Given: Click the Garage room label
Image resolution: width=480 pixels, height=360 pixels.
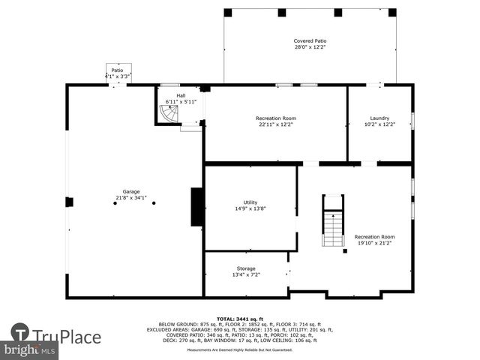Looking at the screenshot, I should tap(130, 191).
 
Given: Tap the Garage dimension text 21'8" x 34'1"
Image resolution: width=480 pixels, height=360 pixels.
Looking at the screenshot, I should tap(130, 198).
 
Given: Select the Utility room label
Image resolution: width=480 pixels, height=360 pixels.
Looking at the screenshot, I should tap(250, 202).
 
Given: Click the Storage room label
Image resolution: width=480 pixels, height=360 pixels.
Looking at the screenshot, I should tap(246, 268).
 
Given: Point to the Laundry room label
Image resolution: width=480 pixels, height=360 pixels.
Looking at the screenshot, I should tap(379, 118).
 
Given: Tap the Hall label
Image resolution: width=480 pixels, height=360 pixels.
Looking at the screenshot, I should tap(181, 95).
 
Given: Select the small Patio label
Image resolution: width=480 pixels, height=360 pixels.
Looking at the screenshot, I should tap(117, 70).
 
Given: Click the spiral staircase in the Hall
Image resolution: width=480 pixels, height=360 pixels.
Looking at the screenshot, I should tap(169, 115).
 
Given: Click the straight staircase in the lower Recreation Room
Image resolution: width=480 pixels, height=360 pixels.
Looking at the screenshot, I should tap(333, 220).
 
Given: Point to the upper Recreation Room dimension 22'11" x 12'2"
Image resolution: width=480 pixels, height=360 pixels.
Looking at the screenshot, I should tap(276, 124).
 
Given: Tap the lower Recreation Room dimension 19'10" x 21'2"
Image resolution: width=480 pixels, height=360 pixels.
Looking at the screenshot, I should tap(374, 243).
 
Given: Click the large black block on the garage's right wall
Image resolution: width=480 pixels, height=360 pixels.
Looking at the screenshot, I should tap(197, 206).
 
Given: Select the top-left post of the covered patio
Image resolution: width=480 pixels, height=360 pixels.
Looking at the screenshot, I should tap(228, 13).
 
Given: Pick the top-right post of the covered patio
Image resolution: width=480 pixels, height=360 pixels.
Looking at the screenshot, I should tap(392, 13).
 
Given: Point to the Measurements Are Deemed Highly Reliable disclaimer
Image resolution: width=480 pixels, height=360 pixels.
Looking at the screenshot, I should tap(239, 350).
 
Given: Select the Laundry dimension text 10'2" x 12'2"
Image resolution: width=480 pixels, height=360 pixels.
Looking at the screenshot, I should tap(379, 124).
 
